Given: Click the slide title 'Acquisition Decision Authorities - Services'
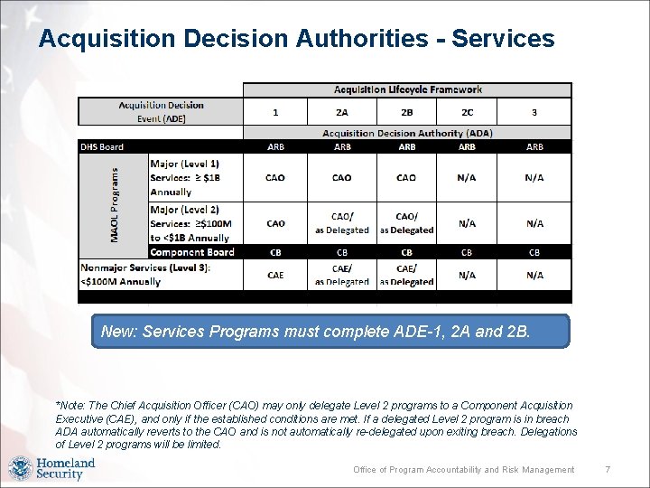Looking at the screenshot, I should (x=296, y=39).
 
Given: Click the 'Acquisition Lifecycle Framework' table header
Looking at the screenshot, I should (x=407, y=89).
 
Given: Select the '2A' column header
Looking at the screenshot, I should (x=342, y=112).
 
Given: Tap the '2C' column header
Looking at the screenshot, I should (x=467, y=112).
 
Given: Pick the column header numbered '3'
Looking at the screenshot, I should (x=534, y=112).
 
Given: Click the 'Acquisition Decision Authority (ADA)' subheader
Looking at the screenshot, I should (x=407, y=133).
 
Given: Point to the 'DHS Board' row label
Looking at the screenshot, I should (x=102, y=146).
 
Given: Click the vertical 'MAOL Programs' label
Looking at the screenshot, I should (x=115, y=202).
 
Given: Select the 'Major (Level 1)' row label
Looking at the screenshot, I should (x=184, y=163).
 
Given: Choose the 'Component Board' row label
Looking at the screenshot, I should (x=191, y=252).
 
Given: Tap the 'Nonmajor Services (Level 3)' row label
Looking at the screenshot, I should (x=145, y=267).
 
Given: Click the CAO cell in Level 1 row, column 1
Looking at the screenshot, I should (x=275, y=178).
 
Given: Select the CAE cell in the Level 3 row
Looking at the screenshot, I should (x=275, y=275).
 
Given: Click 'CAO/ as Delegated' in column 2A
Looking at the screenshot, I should (x=342, y=223).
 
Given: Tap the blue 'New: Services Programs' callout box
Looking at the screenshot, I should (x=331, y=332).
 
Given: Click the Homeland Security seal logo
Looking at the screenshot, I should (x=20, y=469).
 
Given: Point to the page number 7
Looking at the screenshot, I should (x=608, y=469).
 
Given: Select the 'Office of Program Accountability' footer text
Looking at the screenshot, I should (x=463, y=469).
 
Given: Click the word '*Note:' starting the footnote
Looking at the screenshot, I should (x=70, y=406).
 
